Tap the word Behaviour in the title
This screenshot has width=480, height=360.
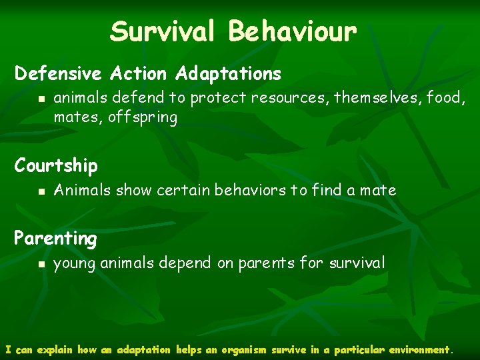pos(293,31)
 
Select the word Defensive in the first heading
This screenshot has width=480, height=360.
pos(57,73)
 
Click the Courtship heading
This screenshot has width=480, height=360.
pos(56,165)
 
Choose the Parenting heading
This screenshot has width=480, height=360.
pos(55,238)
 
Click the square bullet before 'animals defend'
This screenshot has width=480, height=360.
pos(41,99)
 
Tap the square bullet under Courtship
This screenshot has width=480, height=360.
pos(41,191)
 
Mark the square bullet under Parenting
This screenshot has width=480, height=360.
pos(41,264)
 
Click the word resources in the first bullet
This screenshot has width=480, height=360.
pos(292,98)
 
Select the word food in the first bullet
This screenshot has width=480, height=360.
pos(443,98)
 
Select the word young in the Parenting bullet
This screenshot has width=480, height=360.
pos(75,263)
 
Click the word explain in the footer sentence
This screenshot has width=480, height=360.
pos(55,349)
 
